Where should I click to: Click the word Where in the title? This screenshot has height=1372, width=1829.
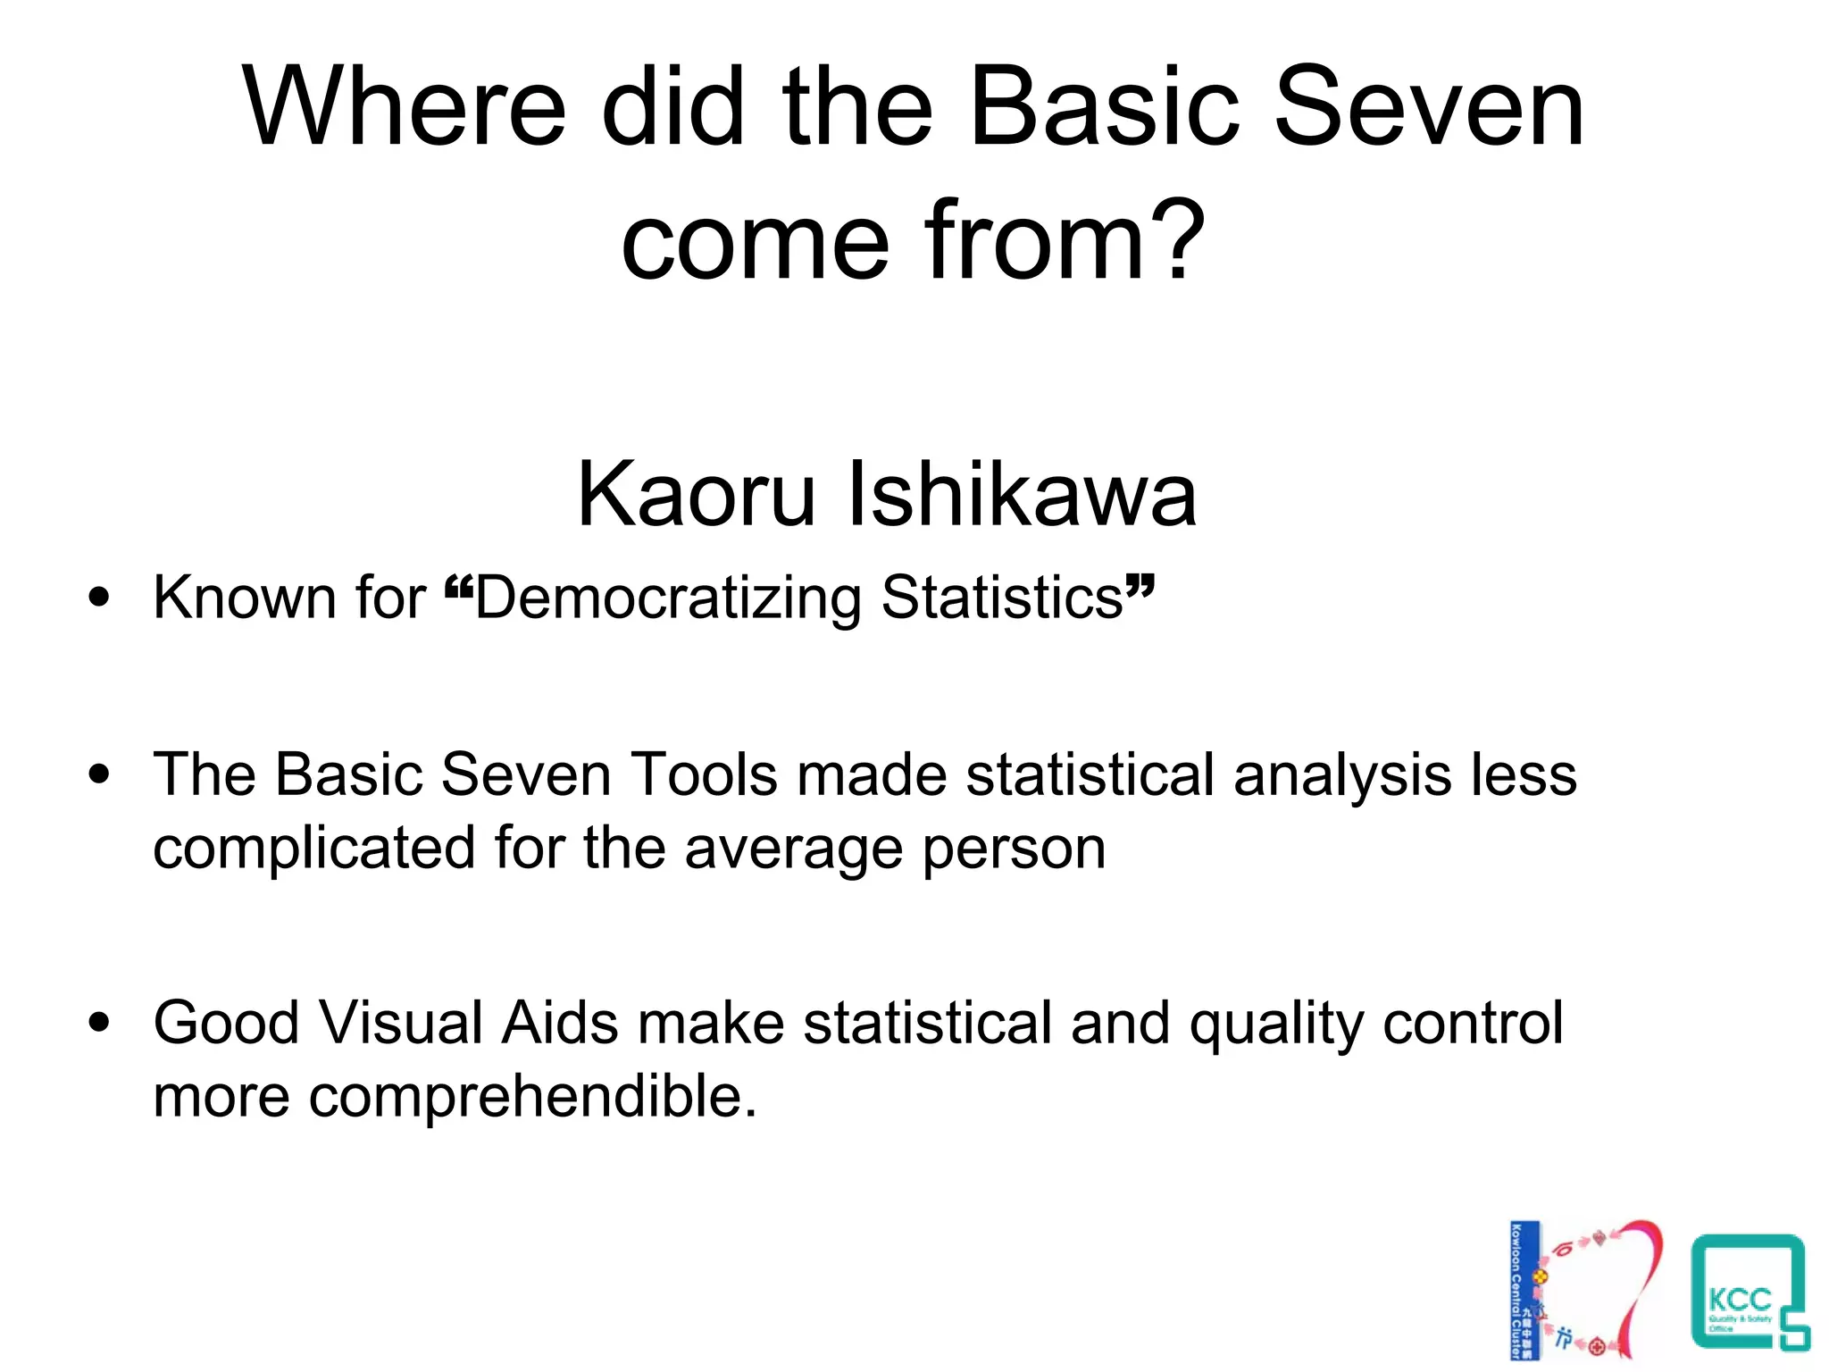[x=404, y=109]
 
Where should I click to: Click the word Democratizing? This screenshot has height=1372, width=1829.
[x=667, y=598]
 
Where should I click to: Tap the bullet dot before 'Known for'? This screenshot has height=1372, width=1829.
[x=100, y=597]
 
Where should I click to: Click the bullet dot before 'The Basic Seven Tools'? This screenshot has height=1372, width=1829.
[x=100, y=774]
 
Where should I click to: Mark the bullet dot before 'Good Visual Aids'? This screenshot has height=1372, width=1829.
[x=100, y=1023]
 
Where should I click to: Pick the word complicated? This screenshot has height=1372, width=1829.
[x=313, y=849]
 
